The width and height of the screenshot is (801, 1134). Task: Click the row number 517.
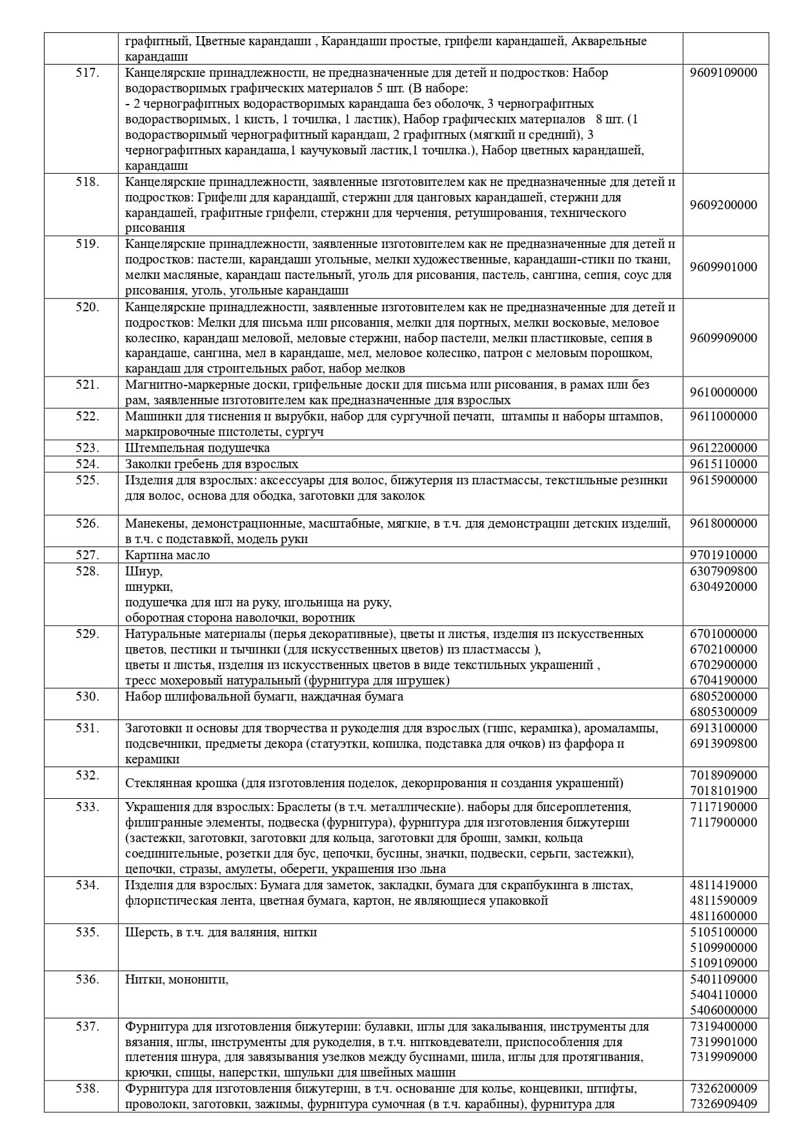(87, 73)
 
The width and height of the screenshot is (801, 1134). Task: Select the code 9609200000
(724, 205)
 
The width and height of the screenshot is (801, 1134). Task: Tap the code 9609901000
(724, 267)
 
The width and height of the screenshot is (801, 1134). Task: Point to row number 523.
(87, 448)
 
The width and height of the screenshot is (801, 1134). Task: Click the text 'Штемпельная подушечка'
(198, 448)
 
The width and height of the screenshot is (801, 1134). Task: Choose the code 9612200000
(724, 448)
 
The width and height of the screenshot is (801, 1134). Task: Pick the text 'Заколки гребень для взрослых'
(212, 464)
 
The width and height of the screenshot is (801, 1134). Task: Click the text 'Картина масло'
(168, 555)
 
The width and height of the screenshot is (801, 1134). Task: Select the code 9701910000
(724, 555)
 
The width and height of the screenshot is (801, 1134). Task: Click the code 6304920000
(724, 586)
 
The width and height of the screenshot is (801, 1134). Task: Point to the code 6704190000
(724, 680)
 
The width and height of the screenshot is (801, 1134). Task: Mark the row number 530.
(87, 696)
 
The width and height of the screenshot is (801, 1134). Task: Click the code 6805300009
(724, 712)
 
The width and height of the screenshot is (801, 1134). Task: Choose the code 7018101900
(724, 790)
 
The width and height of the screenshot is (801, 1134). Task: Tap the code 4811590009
(724, 900)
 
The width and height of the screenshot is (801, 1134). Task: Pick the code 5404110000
(724, 995)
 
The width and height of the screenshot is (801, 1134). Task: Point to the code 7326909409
(724, 1104)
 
